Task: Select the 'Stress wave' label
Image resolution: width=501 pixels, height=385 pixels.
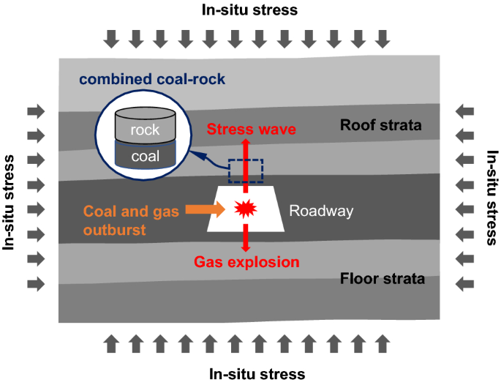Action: pyautogui.click(x=251, y=130)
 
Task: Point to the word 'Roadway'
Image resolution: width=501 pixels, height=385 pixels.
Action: pyautogui.click(x=320, y=212)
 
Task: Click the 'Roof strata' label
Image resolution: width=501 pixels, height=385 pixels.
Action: pyautogui.click(x=381, y=126)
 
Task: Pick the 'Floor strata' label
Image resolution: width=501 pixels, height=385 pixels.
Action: pyautogui.click(x=382, y=279)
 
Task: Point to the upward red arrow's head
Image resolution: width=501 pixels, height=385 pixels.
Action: pyautogui.click(x=246, y=144)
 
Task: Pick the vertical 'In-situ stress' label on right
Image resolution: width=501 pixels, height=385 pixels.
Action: pyautogui.click(x=491, y=198)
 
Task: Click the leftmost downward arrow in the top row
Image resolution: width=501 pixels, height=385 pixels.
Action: pyautogui.click(x=111, y=38)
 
